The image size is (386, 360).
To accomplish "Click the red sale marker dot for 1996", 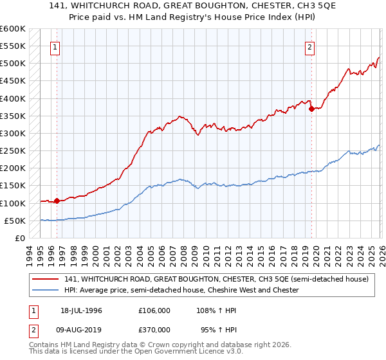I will pyautogui.click(x=57, y=201).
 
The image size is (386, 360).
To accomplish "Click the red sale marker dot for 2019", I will pyautogui.click(x=311, y=109).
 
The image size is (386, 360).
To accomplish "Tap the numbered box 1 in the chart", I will pyautogui.click(x=56, y=46).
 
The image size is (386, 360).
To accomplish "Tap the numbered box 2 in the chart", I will pyautogui.click(x=310, y=46).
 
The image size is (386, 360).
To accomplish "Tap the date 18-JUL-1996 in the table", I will pyautogui.click(x=82, y=310).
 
